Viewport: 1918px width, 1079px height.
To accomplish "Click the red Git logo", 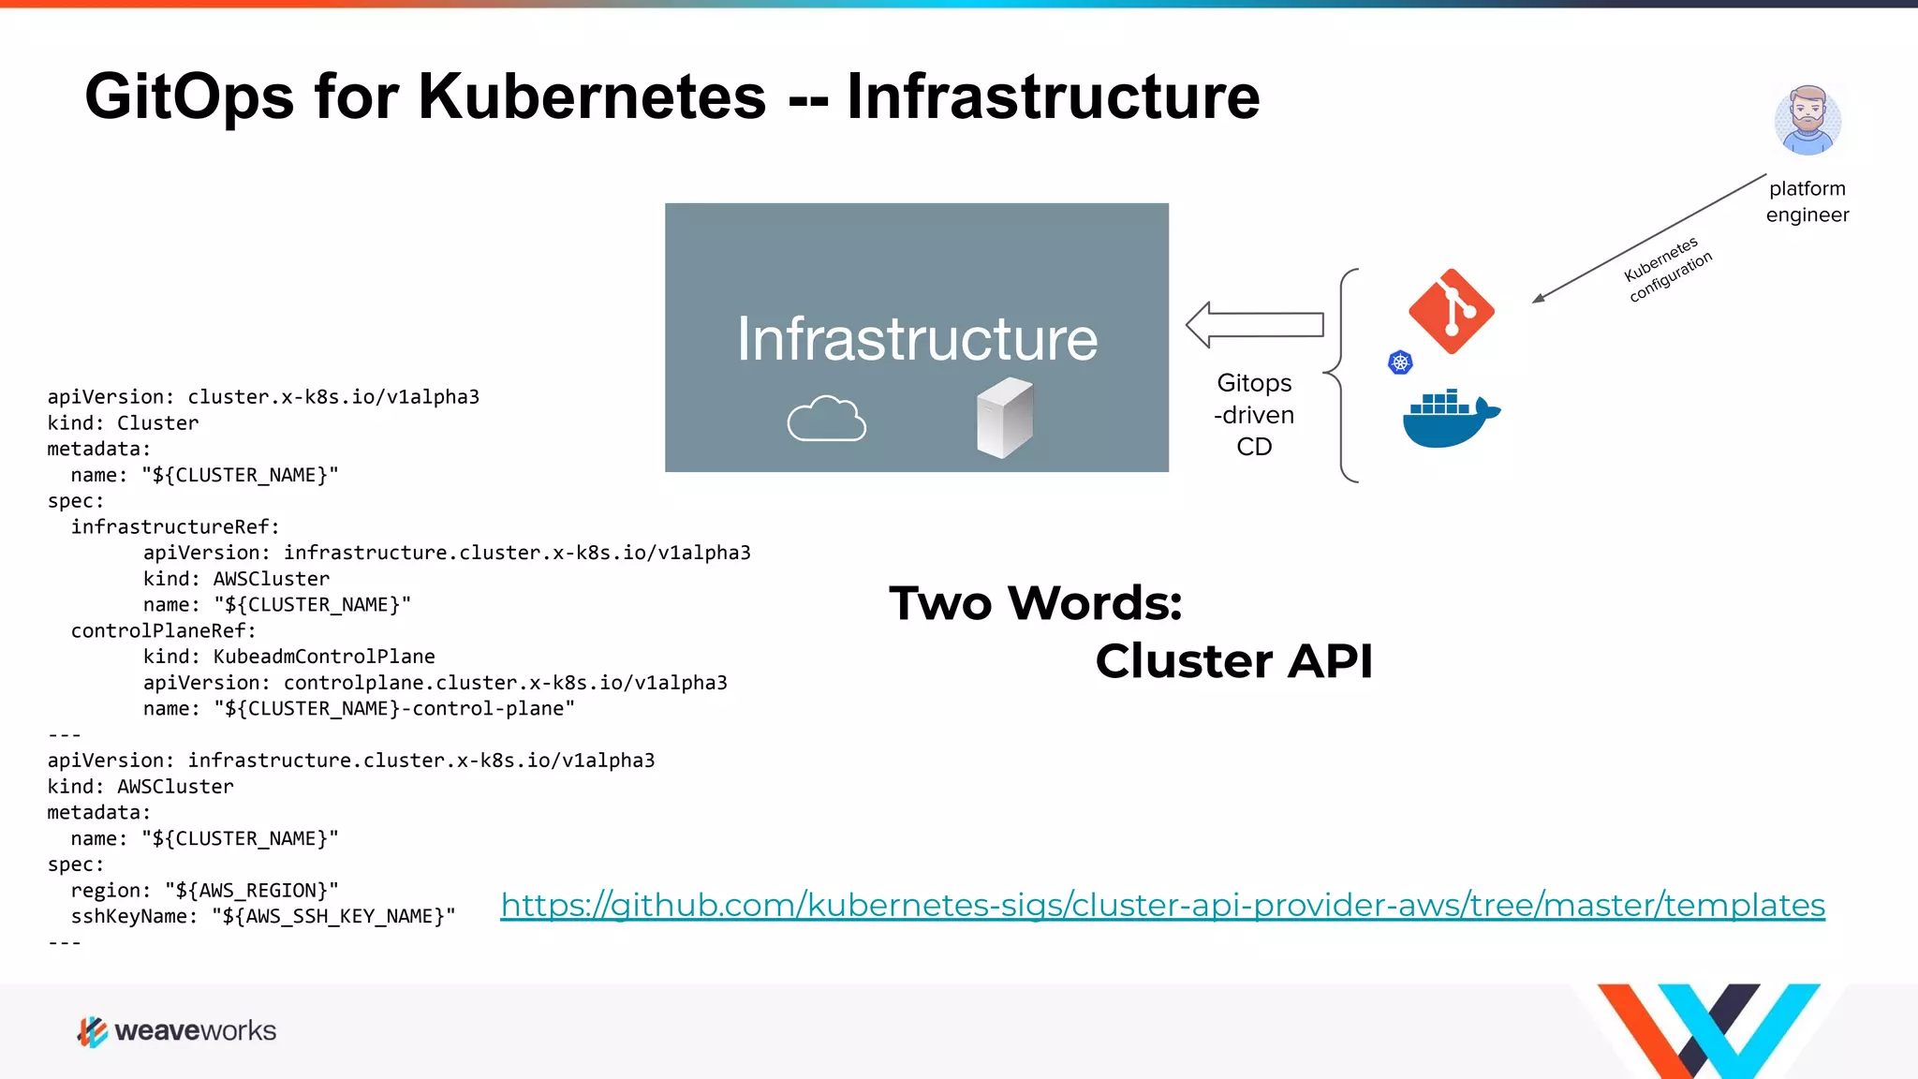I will (1451, 312).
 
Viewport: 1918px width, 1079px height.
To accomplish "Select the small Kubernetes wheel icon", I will (1400, 362).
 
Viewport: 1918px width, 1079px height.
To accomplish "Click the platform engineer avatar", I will (1807, 121).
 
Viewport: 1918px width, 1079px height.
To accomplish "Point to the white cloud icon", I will (826, 419).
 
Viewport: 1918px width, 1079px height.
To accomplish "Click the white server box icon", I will (1004, 418).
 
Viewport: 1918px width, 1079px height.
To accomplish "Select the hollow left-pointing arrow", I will (1254, 325).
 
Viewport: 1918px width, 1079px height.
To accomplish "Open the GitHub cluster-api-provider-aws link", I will (1162, 905).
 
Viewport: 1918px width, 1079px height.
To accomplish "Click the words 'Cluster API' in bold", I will (1233, 661).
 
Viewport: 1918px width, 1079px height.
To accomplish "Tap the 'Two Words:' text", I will (1035, 602).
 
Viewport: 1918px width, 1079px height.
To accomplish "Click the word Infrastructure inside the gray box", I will (916, 339).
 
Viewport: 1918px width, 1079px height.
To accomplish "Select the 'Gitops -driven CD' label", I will (1254, 414).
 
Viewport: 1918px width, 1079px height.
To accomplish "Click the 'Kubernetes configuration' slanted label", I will (1667, 270).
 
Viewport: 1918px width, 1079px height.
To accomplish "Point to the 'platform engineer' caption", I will (1807, 201).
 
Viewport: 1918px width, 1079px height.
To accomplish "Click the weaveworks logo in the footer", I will (177, 1031).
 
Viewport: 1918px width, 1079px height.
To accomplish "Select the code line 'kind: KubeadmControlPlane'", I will (288, 657).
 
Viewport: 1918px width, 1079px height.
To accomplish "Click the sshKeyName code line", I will (262, 916).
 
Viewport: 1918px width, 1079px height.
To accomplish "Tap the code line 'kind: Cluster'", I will (123, 423).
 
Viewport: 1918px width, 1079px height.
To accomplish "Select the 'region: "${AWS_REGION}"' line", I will (204, 890).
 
